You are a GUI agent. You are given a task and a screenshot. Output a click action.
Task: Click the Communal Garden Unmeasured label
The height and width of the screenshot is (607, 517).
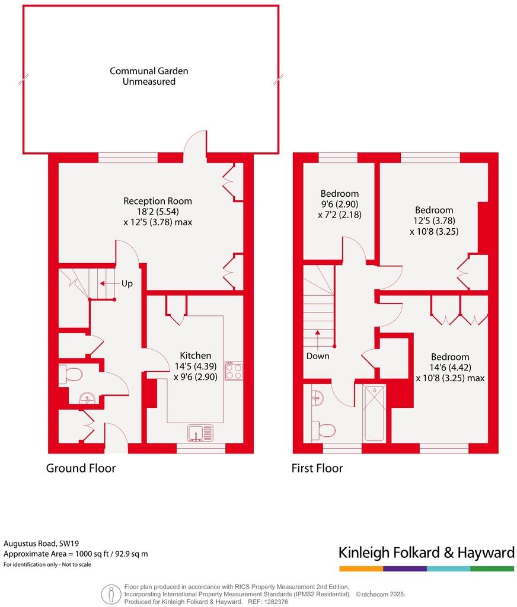149,76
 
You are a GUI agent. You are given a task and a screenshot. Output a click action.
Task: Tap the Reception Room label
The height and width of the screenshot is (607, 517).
158,201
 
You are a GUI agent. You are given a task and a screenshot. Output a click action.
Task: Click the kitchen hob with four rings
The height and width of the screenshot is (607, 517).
234,371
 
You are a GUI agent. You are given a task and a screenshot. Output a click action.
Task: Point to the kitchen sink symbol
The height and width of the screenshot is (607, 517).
200,434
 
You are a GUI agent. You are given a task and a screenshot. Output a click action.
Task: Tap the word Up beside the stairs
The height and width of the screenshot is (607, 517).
127,283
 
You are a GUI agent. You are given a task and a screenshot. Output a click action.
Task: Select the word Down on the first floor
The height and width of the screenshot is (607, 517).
318,356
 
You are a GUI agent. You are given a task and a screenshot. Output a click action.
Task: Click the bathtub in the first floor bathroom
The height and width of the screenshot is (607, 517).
374,413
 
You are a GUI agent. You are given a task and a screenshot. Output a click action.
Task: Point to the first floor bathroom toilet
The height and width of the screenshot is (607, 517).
324,429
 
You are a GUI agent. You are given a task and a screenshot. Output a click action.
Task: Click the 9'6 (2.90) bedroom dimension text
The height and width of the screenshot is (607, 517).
340,204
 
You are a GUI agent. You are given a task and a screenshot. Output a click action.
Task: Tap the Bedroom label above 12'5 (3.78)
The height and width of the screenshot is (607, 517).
433,210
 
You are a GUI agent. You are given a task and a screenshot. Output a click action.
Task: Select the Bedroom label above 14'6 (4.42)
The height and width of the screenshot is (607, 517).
450,357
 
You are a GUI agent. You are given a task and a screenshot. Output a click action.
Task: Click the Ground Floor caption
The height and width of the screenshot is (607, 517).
81,468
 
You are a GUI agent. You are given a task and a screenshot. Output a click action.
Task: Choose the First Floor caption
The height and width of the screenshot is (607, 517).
317,468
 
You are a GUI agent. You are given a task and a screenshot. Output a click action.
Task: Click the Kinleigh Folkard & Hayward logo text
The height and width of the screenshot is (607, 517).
426,553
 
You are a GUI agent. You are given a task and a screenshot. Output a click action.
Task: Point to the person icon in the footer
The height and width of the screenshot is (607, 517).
110,593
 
